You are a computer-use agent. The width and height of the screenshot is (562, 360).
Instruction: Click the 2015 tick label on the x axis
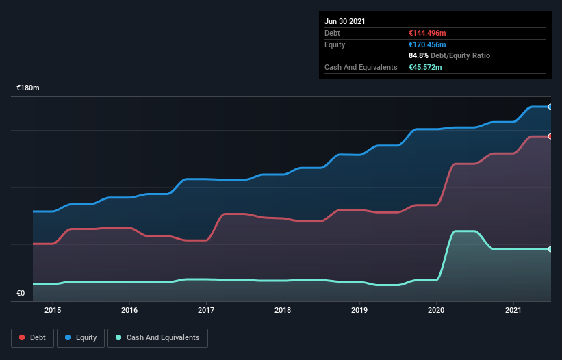coord(52,311)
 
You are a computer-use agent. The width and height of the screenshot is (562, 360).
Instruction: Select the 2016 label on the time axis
coord(129,311)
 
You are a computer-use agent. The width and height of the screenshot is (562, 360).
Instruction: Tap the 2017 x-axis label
coord(206,311)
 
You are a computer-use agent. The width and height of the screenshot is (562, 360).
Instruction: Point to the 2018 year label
coord(283,311)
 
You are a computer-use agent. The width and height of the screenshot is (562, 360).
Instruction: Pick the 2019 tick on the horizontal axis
coord(359,311)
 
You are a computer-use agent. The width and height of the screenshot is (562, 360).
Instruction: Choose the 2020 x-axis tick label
coord(436,311)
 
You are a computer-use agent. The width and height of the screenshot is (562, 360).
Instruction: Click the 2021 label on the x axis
coord(513,311)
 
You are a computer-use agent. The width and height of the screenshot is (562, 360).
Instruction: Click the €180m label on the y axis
coord(28,88)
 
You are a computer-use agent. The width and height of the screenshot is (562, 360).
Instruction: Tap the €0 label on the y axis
coord(21,294)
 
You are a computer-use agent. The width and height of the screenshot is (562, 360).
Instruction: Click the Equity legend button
coord(81,337)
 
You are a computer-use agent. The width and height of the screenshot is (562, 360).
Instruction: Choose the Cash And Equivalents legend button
coord(157,337)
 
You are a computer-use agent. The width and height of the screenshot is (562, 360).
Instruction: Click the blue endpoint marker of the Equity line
coord(550,107)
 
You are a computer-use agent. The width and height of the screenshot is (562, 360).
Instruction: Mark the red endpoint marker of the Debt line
coord(550,136)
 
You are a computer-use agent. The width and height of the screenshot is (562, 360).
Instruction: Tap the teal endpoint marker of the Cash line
coord(550,249)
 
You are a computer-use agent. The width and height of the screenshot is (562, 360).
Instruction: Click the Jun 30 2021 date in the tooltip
coord(345,21)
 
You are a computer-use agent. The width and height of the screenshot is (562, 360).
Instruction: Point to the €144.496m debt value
coord(427,33)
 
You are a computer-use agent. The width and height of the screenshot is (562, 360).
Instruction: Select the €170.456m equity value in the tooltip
coord(427,44)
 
